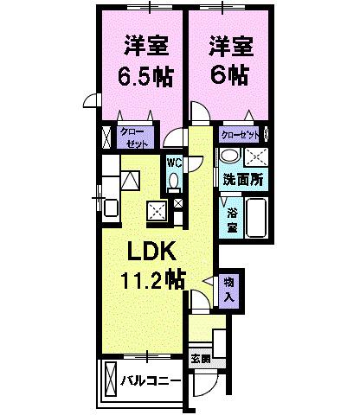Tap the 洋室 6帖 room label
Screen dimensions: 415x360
(x=228, y=60)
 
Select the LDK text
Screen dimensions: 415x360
(x=153, y=252)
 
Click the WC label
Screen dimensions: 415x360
(x=173, y=162)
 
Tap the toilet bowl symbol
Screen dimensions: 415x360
(x=173, y=180)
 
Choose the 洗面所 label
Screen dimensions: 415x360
(x=243, y=181)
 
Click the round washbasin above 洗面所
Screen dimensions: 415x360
(x=229, y=156)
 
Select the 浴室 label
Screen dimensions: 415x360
(x=233, y=220)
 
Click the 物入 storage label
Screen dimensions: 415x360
(x=229, y=288)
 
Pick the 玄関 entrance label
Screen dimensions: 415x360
(x=200, y=357)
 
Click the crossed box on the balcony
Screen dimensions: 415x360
(x=110, y=379)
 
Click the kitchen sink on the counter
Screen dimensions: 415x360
(x=129, y=179)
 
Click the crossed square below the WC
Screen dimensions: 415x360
(x=178, y=203)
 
